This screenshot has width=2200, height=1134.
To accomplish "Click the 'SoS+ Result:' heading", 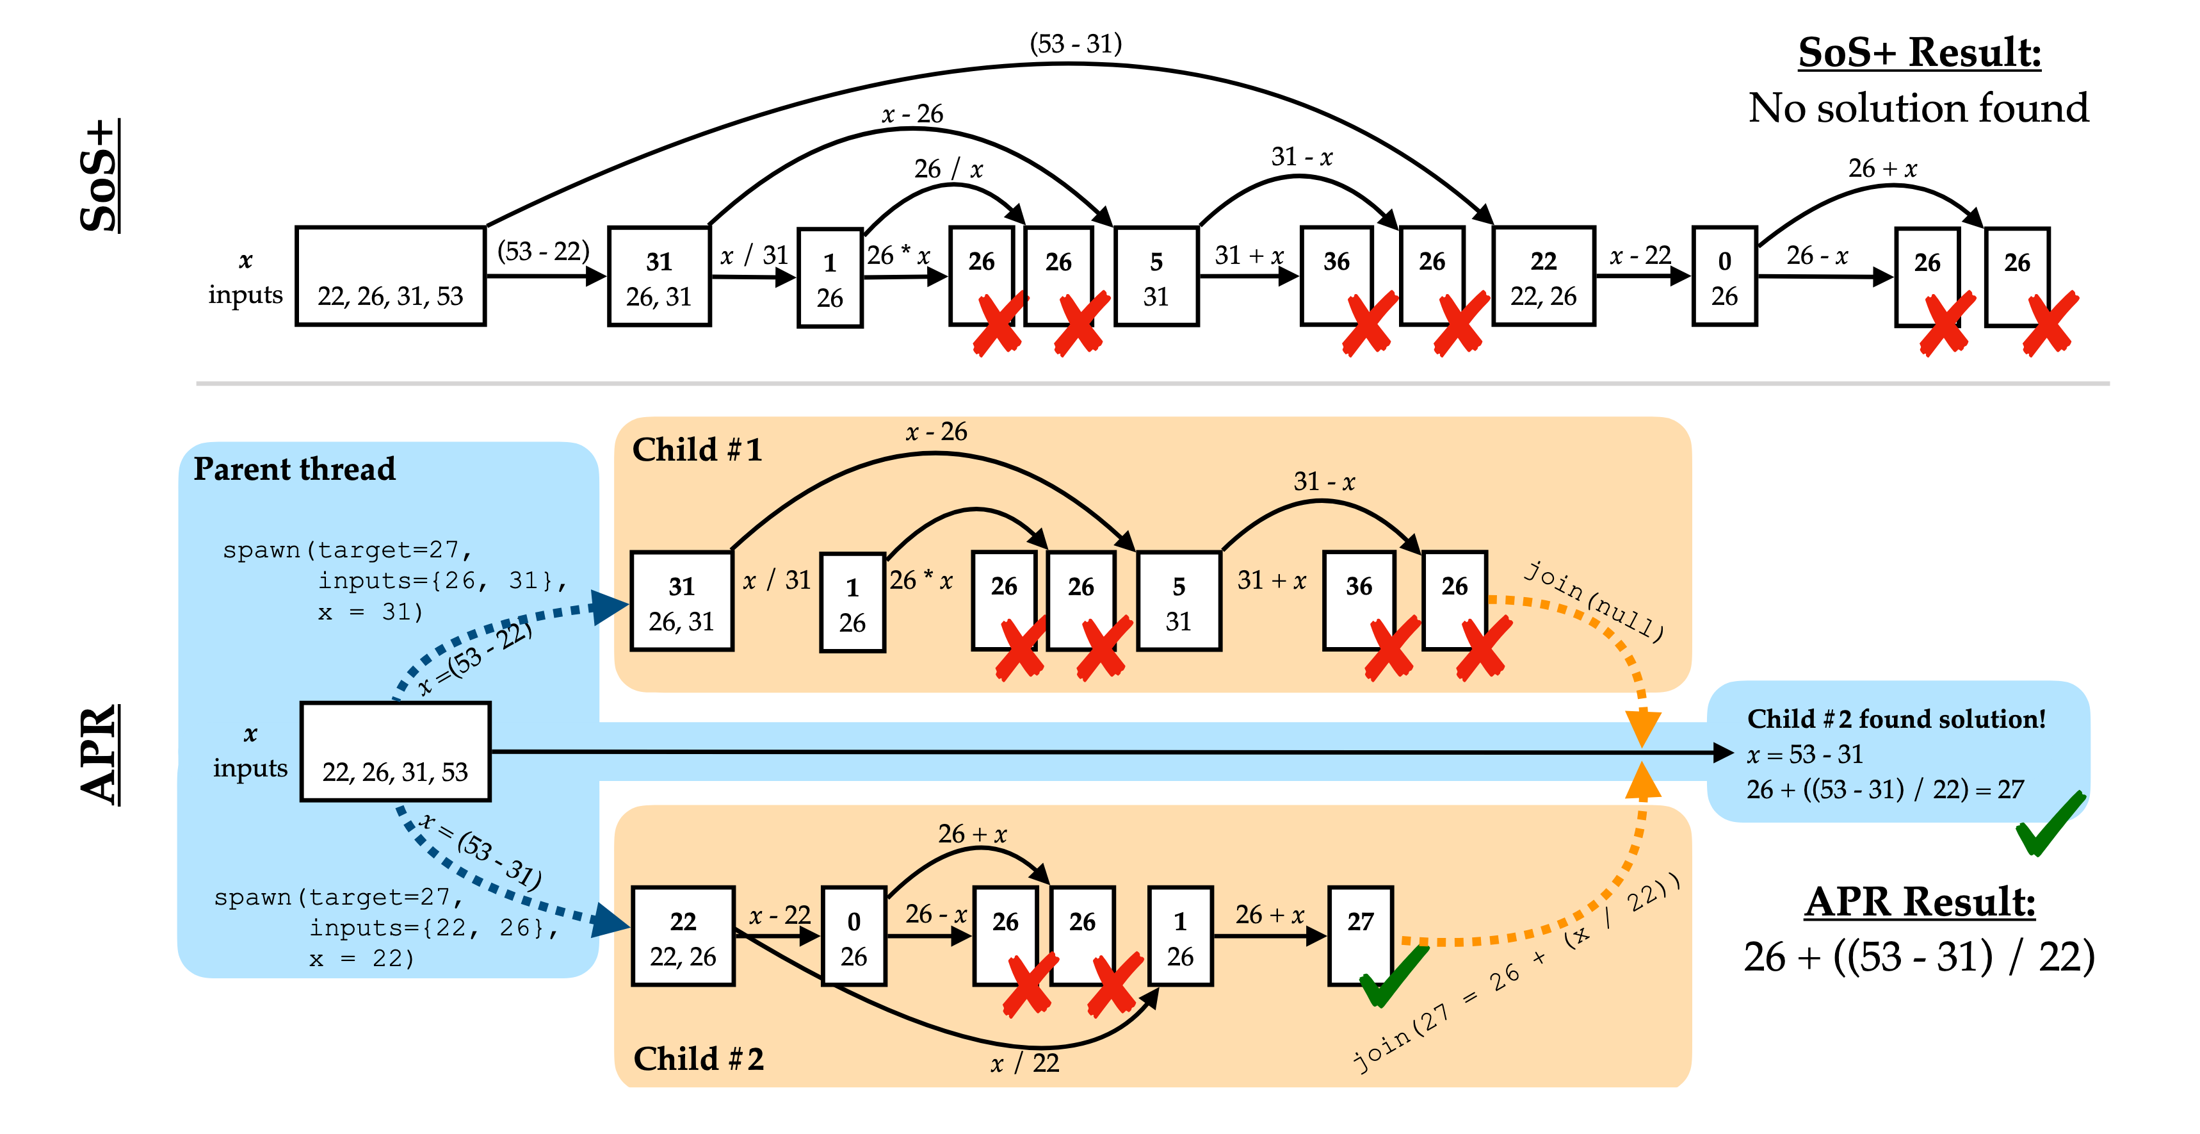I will coord(1919,53).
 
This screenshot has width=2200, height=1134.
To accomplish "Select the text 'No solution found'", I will coord(1917,108).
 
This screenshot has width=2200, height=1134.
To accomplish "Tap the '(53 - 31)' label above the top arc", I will coord(1075,44).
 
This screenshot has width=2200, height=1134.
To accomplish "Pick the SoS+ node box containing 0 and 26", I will coord(1724,276).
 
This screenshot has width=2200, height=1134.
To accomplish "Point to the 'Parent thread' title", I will coord(295,469).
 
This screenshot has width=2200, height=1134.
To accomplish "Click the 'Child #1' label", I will coord(697,450).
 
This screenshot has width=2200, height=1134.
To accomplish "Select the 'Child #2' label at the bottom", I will coord(699,1059).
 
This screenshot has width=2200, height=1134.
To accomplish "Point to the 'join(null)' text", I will coord(1594,602).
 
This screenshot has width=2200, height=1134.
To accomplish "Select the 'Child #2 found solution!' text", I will coord(1896,719).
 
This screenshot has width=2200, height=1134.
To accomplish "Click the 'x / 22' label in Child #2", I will coord(1025,1063).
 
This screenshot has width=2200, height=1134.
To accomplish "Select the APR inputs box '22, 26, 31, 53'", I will coord(396,751).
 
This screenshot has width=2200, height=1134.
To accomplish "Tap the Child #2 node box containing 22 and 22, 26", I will coord(683,936).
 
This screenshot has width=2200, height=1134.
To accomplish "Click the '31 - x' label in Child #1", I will coord(1323,482).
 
